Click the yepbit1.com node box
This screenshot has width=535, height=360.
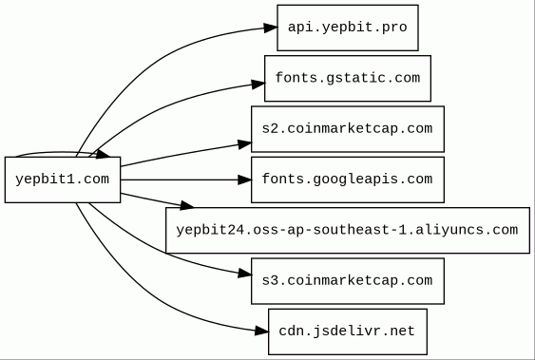click(x=63, y=180)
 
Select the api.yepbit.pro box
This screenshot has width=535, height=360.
click(x=348, y=28)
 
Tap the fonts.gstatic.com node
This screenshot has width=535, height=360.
click(x=348, y=79)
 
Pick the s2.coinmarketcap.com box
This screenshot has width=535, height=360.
click(x=348, y=129)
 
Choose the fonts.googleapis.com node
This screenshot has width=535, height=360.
click(x=348, y=180)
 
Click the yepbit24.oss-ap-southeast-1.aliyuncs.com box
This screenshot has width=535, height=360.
click(x=348, y=230)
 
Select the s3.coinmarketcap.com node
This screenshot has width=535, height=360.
click(x=348, y=281)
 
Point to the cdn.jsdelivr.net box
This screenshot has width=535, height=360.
click(x=348, y=332)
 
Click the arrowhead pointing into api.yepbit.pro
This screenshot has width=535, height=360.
click(x=271, y=28)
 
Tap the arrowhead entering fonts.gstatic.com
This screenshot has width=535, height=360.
click(x=258, y=84)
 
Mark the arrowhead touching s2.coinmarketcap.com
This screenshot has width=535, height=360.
click(x=245, y=144)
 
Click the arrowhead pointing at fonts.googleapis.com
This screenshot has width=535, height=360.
click(x=245, y=180)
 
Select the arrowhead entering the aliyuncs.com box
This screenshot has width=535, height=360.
click(x=186, y=205)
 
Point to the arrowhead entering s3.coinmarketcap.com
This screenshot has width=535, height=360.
click(x=245, y=273)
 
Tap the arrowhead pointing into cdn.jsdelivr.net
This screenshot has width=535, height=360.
click(x=262, y=331)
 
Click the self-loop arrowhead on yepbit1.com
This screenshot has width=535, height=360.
click(x=103, y=155)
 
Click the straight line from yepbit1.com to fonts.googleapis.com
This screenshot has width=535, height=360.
click(x=180, y=180)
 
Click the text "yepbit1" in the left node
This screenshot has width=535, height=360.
click(x=45, y=180)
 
